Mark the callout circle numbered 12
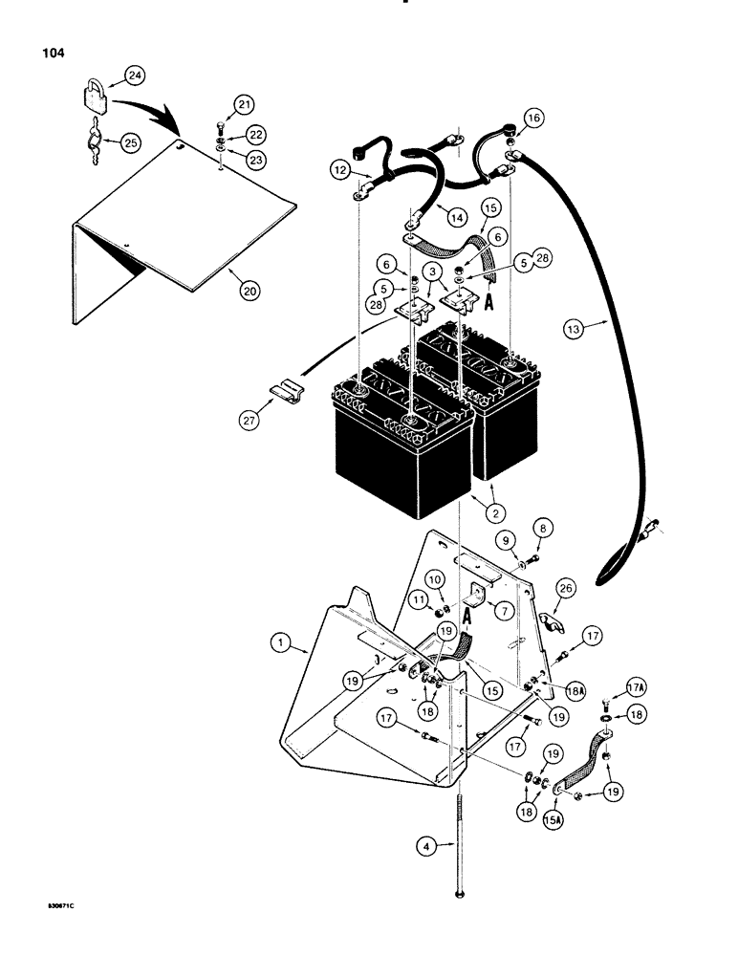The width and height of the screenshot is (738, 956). (x=341, y=168)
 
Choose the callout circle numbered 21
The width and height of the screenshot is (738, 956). (x=219, y=104)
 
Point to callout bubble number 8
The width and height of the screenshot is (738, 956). (x=543, y=526)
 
